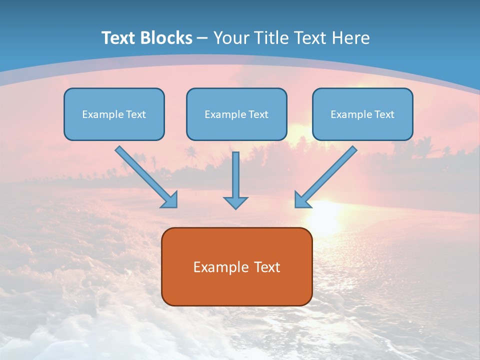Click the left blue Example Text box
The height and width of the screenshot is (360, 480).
[x=114, y=114]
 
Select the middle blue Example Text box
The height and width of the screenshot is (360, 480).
[x=236, y=114]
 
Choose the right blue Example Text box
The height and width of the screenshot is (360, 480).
[x=362, y=114]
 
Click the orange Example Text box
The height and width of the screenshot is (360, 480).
[x=236, y=266]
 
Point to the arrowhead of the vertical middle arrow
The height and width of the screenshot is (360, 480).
[x=235, y=202]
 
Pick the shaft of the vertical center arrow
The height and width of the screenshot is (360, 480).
[x=235, y=172]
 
